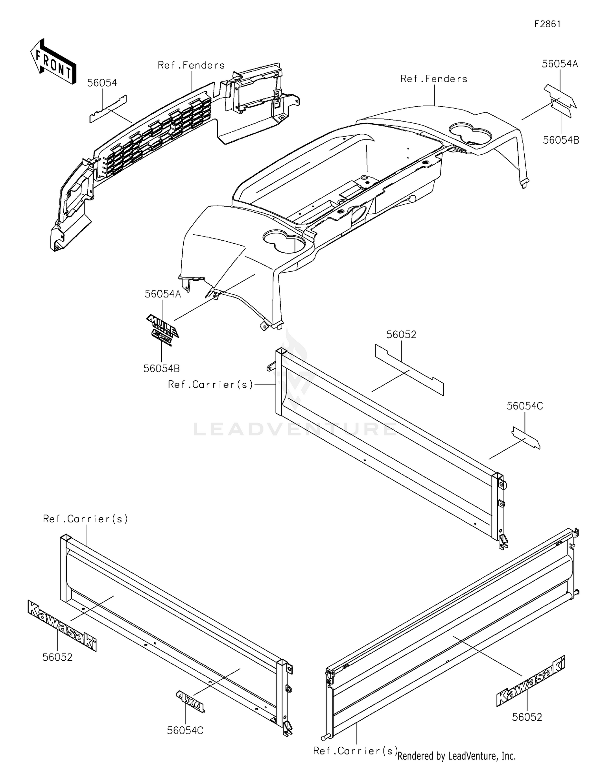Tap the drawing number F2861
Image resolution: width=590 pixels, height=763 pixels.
(x=547, y=24)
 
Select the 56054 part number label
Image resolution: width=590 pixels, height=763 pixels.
(x=102, y=83)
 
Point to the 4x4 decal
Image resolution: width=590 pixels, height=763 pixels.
(x=190, y=701)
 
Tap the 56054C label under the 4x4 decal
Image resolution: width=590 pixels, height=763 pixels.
(x=185, y=730)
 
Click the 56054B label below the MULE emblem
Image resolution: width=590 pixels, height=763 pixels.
(x=161, y=369)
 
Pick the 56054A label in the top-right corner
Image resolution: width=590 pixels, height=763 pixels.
(x=560, y=64)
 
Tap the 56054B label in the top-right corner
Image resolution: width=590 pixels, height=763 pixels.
(x=561, y=140)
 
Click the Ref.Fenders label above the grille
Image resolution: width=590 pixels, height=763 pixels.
(x=191, y=65)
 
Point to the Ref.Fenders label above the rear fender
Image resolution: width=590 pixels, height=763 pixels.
(x=434, y=79)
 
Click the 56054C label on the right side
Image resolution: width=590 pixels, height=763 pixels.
(x=525, y=406)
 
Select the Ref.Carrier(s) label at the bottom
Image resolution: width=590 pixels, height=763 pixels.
(x=355, y=751)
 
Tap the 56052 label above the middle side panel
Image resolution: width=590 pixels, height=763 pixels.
(x=401, y=335)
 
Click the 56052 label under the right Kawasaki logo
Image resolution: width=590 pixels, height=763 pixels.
(x=527, y=717)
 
